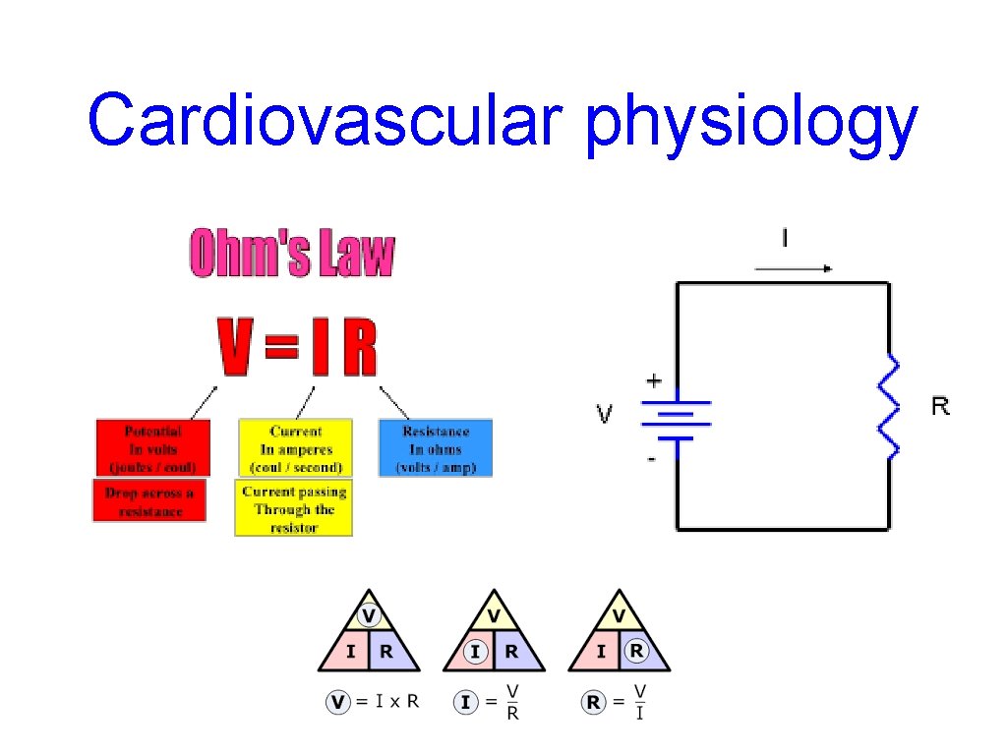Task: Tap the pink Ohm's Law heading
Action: click(291, 254)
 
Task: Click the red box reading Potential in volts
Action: click(153, 449)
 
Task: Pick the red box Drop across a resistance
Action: click(149, 501)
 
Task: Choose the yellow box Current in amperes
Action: click(295, 449)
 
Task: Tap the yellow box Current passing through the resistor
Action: click(294, 509)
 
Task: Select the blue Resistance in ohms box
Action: click(436, 449)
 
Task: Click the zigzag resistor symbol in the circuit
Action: click(891, 407)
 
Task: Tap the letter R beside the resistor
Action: click(941, 406)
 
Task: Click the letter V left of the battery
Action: click(604, 414)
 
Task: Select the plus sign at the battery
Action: click(653, 380)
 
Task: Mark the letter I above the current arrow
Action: click(784, 239)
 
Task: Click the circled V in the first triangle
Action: click(369, 616)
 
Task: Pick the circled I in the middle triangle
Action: click(476, 651)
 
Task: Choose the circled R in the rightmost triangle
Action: click(637, 650)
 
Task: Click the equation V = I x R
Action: click(374, 702)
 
